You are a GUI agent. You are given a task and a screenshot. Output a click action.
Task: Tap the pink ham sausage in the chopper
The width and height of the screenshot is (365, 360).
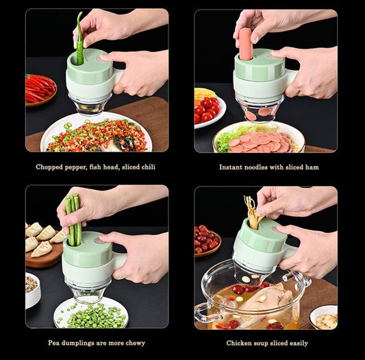click(x=245, y=43)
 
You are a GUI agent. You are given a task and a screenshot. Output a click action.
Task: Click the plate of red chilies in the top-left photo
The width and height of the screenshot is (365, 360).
click(x=40, y=90)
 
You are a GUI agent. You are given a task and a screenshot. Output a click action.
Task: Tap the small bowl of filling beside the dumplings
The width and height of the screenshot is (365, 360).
click(x=32, y=288)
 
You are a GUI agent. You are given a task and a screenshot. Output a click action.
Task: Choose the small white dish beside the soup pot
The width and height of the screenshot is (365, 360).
click(x=323, y=317)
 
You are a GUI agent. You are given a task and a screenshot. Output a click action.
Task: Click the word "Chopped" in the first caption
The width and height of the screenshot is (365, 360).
click(x=51, y=167)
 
